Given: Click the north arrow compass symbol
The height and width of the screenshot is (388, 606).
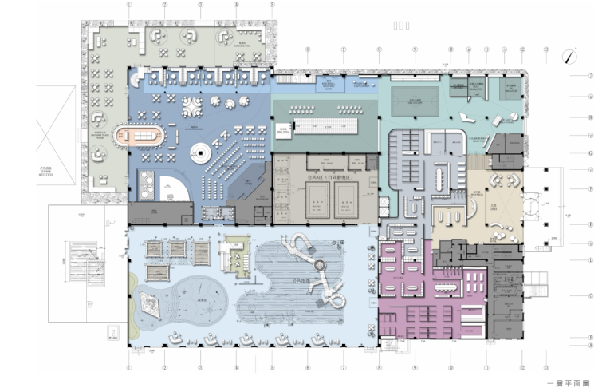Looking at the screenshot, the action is tap(569, 57).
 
